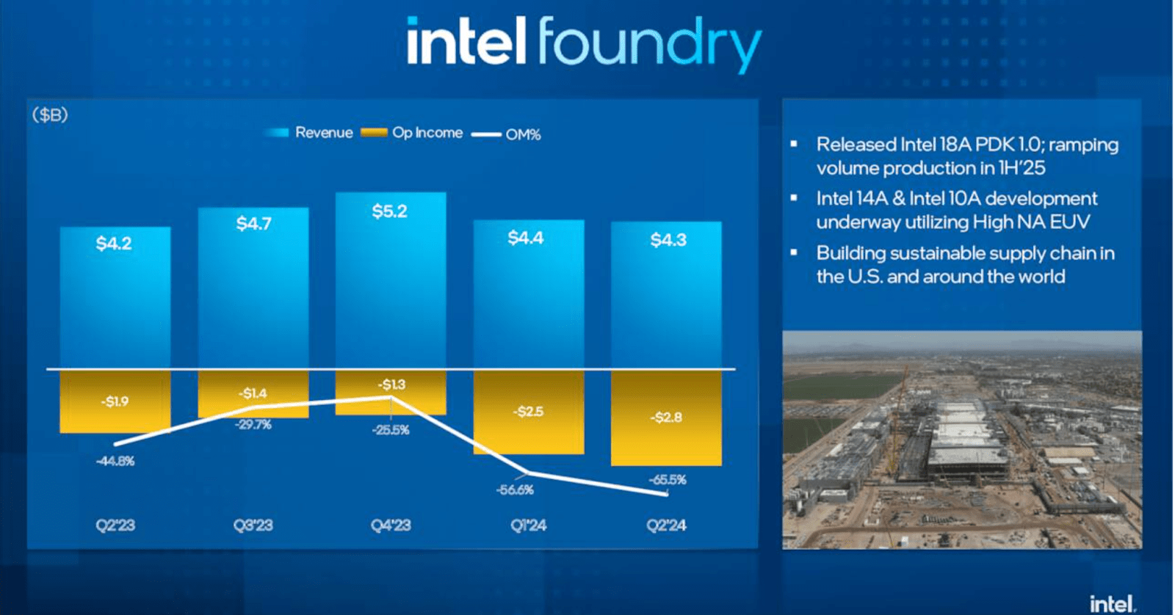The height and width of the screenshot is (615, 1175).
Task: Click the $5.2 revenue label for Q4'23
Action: (389, 211)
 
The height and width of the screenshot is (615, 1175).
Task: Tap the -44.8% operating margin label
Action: (115, 461)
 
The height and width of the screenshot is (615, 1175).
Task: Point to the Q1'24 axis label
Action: (528, 525)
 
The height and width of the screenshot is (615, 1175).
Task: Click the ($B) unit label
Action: (50, 114)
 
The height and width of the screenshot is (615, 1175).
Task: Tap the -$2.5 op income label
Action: (528, 412)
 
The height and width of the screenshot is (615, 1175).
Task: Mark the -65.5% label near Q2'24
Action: (668, 479)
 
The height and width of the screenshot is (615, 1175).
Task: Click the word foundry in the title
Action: (648, 44)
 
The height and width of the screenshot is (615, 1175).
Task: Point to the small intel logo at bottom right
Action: (1112, 603)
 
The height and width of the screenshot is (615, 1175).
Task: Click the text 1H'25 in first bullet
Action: (1022, 168)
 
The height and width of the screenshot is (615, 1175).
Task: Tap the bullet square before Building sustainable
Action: (793, 252)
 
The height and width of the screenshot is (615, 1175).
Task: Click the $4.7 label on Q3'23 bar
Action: (253, 223)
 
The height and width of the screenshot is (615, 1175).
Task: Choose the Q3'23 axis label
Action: (253, 525)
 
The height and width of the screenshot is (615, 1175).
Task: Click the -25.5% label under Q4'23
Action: (391, 430)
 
